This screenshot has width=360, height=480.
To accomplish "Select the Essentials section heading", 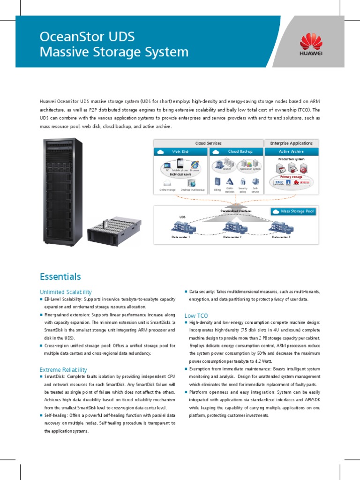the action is coord(60,277).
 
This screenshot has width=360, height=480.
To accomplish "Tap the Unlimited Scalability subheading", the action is coord(66,292).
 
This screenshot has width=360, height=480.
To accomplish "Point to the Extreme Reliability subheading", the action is coord(63,370).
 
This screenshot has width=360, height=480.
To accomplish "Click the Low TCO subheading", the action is coord(196,315).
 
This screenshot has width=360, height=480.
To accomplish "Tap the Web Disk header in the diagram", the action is coord(180,152).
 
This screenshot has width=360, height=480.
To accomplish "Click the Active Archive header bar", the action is coord(292,152).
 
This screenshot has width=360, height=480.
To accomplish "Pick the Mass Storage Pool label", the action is coord(294,212).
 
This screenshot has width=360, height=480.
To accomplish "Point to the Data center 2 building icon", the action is coord(232,227).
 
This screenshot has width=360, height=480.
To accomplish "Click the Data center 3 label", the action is coord(281,238).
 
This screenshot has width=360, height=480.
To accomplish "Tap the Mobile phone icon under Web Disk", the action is coord(180,165).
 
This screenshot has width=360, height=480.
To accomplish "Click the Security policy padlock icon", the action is coord(243,181).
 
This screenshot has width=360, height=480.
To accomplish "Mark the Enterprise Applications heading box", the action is coord(292,143).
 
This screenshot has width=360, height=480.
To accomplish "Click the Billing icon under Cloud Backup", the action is coord(217,181).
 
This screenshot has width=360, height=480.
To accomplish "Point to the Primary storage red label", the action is coord(291,177).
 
